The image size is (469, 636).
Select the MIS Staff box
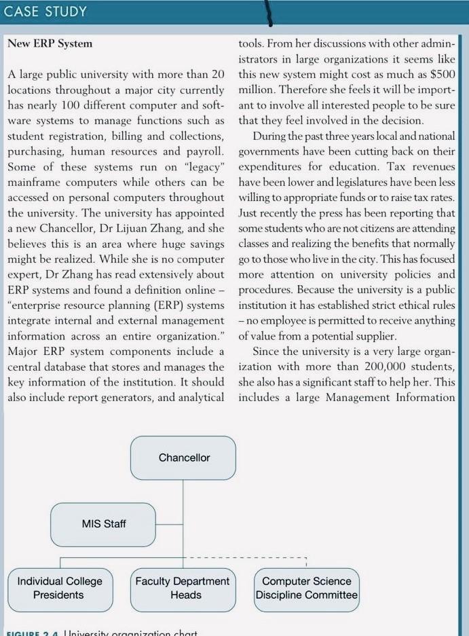coord(103,524)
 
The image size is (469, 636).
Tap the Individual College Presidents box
coord(60,588)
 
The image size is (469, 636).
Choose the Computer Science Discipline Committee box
coord(306,588)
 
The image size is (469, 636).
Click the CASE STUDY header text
coord(45,12)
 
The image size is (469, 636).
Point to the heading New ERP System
coord(50,44)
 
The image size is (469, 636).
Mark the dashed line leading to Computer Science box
coord(244,558)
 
